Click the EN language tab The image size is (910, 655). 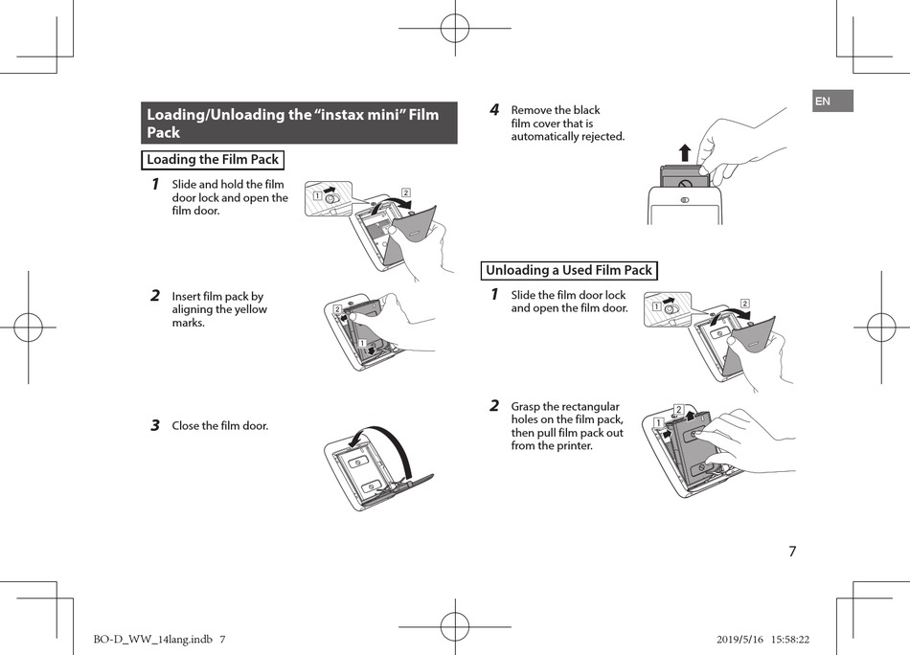click(x=831, y=102)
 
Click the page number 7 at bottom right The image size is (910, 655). click(x=792, y=552)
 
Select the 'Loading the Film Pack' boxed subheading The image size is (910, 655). click(x=213, y=160)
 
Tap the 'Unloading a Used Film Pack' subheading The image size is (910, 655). click(x=568, y=270)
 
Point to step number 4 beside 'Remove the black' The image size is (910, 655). click(x=494, y=110)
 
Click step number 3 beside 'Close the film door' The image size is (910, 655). click(x=154, y=425)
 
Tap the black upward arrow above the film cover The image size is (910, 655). click(x=684, y=152)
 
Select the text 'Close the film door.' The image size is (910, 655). click(x=220, y=425)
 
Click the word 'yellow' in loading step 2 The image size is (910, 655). click(x=248, y=309)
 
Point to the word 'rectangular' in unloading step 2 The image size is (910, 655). click(x=589, y=406)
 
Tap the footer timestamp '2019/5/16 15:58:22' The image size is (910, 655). click(x=757, y=639)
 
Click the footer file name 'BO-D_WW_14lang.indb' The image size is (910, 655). click(x=151, y=639)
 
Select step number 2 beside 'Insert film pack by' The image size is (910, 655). click(x=154, y=296)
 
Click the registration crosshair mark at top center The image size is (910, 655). click(x=455, y=28)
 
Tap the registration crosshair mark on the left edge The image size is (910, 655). click(x=28, y=327)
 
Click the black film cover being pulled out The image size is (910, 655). click(x=684, y=179)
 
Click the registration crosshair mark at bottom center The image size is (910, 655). click(x=455, y=627)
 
